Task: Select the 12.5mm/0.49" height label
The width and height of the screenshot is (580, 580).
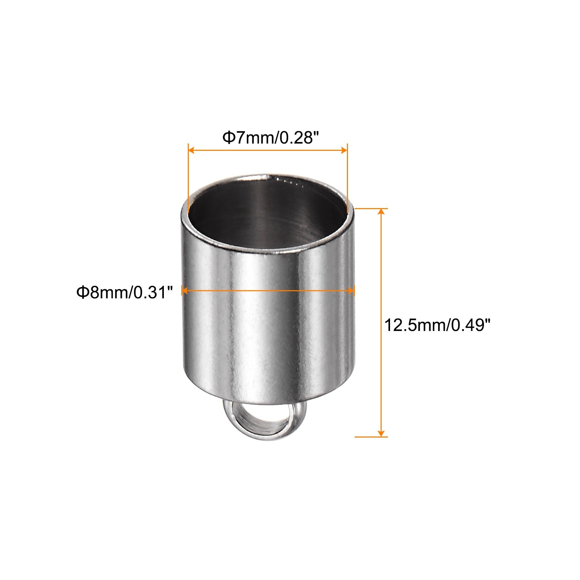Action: coord(437,325)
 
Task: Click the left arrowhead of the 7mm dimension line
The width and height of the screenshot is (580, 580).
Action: coord(192,150)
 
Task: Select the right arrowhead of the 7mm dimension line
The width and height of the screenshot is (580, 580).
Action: coord(343,150)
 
